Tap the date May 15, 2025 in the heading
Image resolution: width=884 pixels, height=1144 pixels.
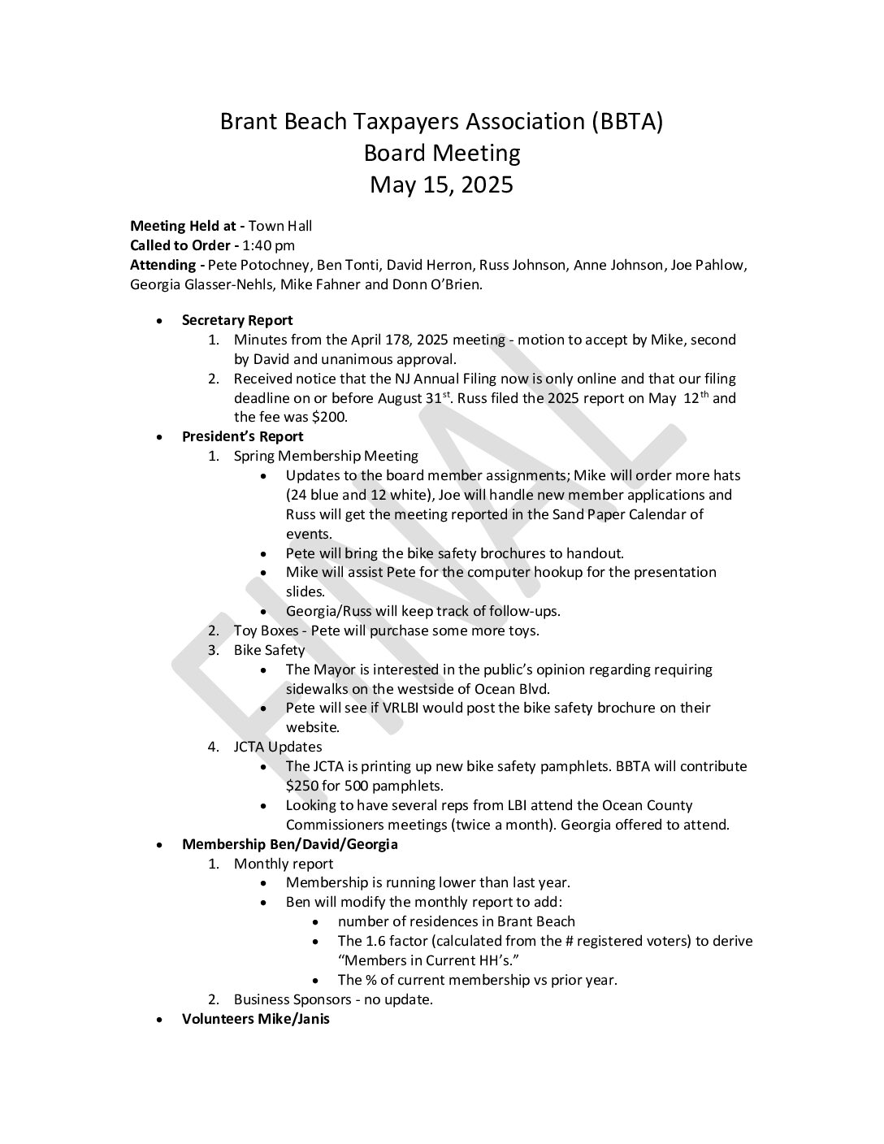point(441,185)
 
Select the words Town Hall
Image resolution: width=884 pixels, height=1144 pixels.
point(279,226)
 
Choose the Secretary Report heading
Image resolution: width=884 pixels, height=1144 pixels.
point(237,320)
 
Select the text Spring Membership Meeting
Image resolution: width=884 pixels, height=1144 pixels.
point(326,456)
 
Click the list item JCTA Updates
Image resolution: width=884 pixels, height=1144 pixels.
point(278,747)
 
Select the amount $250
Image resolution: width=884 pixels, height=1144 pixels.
point(301,786)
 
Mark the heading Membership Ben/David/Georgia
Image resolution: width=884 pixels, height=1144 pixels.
point(289,843)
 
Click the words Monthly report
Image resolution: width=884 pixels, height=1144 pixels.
point(284,864)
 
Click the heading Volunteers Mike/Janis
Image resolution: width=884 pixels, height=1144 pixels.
point(255,1019)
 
